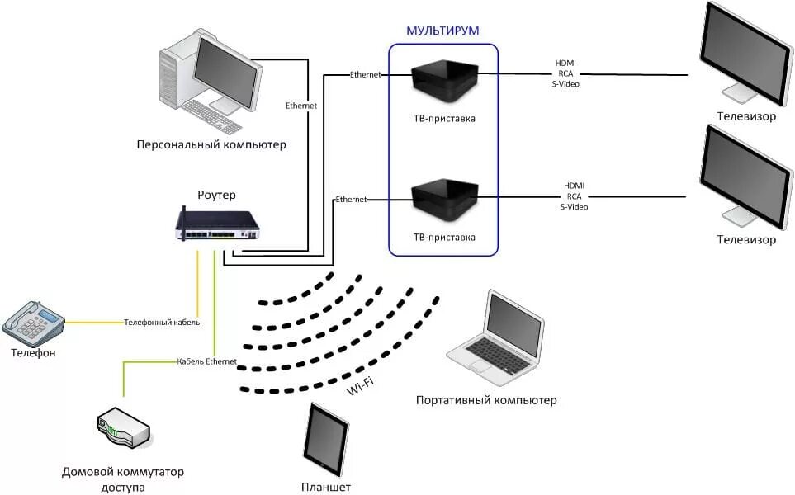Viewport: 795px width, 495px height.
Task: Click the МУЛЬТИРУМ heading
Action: point(442,31)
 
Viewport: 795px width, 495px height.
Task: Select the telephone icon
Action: point(34,324)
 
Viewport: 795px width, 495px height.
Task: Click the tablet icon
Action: point(326,440)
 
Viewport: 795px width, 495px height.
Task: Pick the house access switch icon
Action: point(124,428)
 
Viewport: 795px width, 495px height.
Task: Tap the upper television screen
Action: point(745,52)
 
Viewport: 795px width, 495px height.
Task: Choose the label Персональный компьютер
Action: point(211,145)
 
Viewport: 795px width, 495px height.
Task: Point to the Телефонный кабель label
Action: point(162,323)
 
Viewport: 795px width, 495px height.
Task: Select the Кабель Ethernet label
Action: point(207,361)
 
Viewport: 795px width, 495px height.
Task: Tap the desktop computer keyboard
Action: point(211,116)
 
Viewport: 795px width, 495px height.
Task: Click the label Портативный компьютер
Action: point(486,400)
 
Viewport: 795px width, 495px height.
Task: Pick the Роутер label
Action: point(216,195)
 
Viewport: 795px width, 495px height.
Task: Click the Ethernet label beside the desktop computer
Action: point(301,106)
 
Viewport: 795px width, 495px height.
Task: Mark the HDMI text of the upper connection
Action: point(565,64)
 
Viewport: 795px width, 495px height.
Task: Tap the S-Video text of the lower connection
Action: point(574,207)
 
